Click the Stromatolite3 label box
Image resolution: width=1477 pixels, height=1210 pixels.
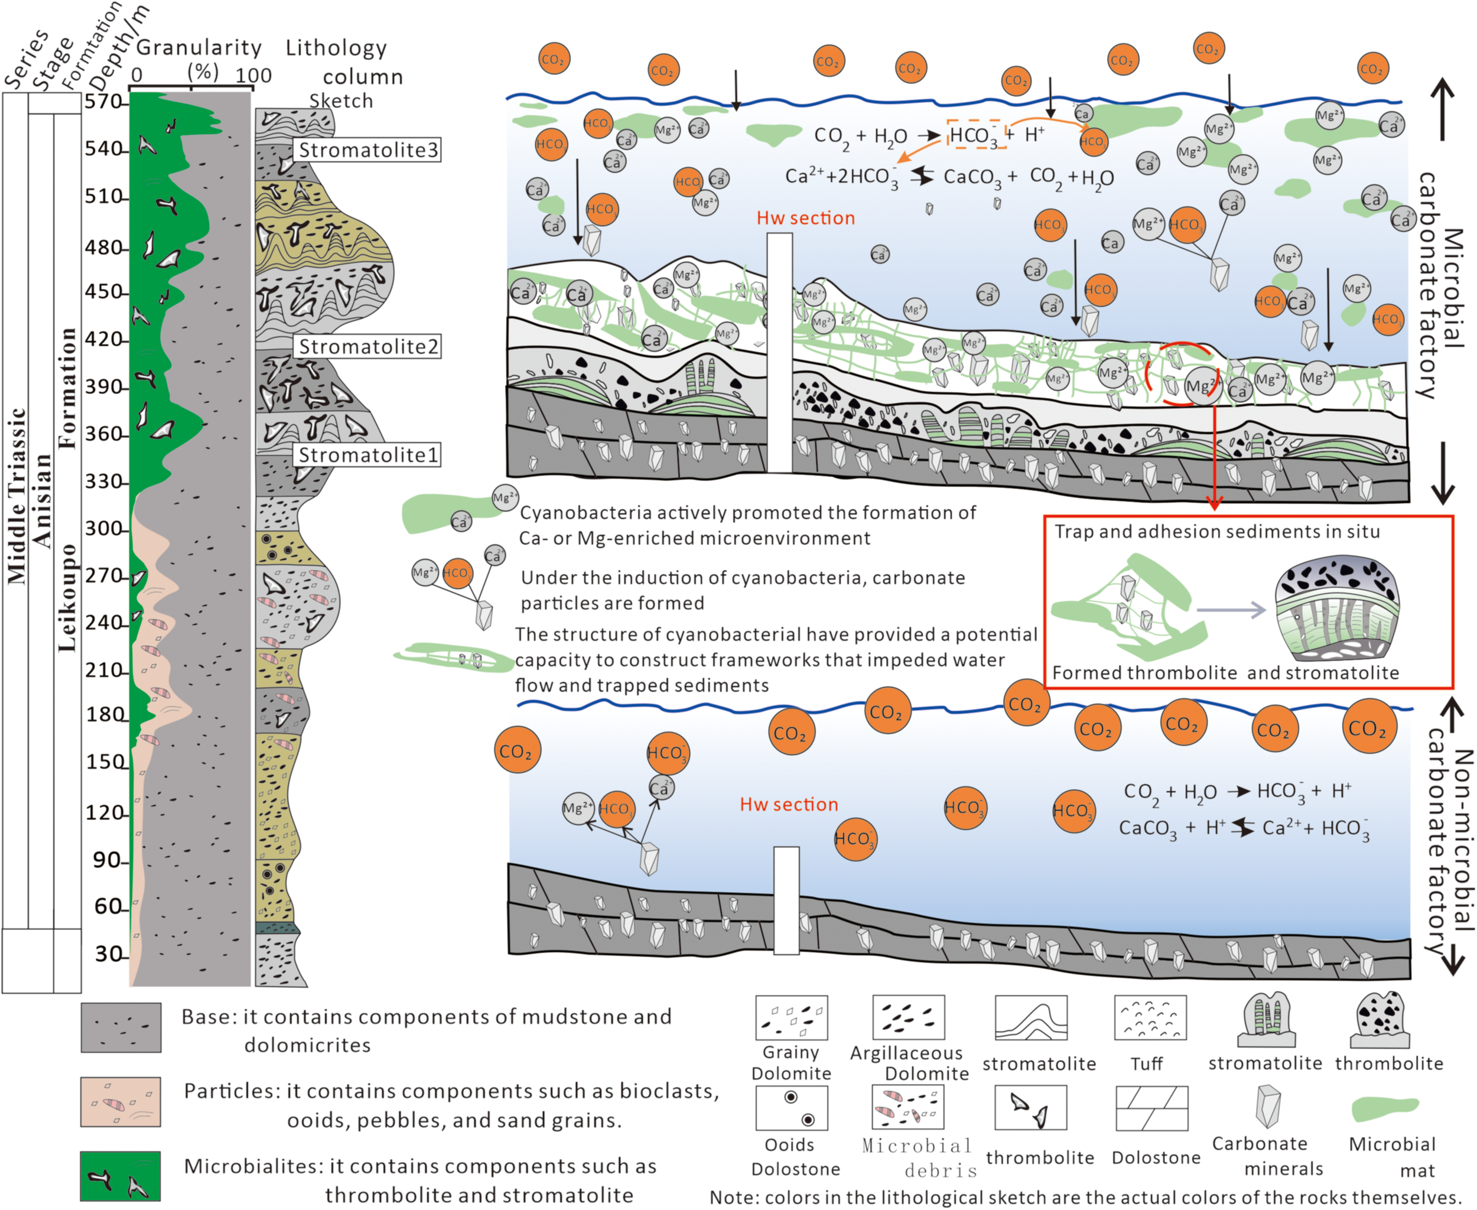tap(368, 150)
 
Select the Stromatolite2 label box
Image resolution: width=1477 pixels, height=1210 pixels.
tap(368, 346)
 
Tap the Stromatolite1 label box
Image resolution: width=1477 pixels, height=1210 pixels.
tap(368, 455)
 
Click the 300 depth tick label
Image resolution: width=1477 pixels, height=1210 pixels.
tap(103, 528)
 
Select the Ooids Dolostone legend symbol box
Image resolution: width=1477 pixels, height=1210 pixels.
tap(792, 1108)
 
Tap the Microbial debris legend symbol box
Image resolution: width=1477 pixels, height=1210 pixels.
tap(907, 1107)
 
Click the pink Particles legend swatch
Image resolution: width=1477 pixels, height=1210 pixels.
tap(120, 1102)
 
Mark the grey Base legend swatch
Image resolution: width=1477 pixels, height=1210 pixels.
tap(120, 1027)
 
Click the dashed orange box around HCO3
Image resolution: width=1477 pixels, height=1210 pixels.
tap(975, 134)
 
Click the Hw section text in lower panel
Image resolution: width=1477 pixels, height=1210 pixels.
tap(789, 804)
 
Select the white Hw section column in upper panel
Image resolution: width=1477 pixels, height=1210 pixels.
tap(779, 352)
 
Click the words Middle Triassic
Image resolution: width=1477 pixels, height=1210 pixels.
tap(17, 495)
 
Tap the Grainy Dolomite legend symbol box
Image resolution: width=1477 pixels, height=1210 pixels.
tap(792, 1017)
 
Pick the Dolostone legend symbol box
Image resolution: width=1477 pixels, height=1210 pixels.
tap(1151, 1108)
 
